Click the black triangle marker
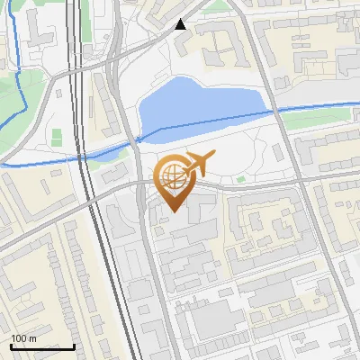coord(182,24)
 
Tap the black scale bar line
coord(42,346)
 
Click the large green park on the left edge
coord(13,99)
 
